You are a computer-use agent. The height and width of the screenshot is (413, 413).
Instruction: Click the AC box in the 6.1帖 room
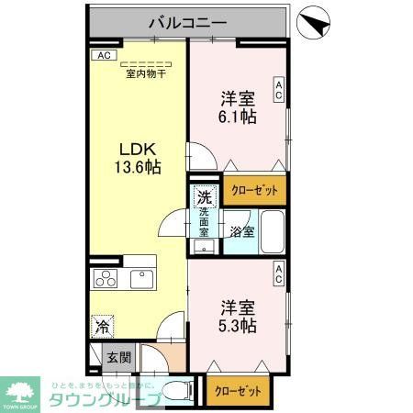[x=277, y=90]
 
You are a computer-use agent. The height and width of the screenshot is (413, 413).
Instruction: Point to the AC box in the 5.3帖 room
[x=277, y=273]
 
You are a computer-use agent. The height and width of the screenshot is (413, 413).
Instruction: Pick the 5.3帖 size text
[x=238, y=325]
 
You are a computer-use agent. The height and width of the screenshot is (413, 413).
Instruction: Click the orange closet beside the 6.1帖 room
[x=254, y=190]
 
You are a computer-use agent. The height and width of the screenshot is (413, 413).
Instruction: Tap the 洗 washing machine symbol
[x=205, y=195]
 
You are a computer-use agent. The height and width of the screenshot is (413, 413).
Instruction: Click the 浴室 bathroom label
[x=241, y=232]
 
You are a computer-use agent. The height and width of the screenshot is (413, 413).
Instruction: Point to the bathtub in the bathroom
[x=271, y=231]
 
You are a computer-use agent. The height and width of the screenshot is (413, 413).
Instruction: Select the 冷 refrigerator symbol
[x=104, y=325]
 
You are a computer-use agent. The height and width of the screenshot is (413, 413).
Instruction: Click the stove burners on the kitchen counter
[x=106, y=279]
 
